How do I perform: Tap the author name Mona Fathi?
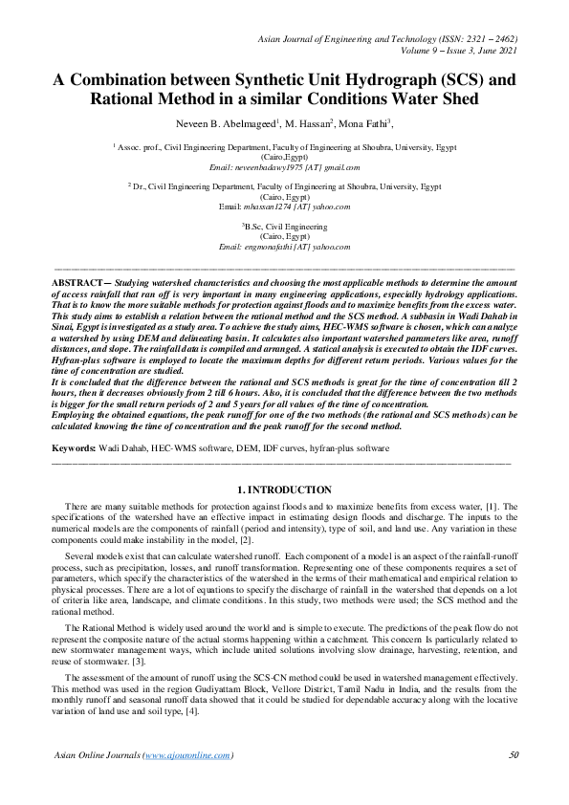tap(365, 123)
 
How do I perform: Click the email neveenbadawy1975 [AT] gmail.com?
tap(284, 167)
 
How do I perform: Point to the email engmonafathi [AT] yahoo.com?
tap(284, 247)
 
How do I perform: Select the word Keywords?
tap(73, 447)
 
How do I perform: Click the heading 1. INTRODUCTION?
tap(284, 490)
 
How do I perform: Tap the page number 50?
tap(514, 754)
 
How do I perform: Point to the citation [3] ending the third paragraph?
tap(138, 661)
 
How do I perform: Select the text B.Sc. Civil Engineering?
tap(284, 227)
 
